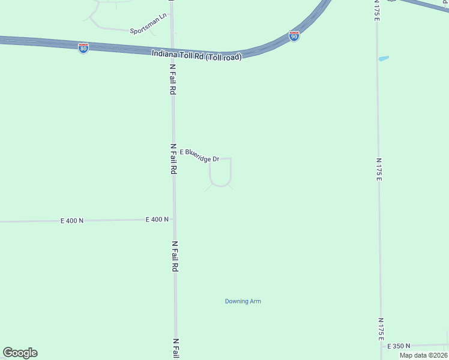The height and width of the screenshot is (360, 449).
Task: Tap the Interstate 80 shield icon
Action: (83, 48)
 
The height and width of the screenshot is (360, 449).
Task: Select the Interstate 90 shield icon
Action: (294, 36)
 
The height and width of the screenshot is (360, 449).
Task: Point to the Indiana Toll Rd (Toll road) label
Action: (196, 56)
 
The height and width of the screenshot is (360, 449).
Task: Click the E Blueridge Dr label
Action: (199, 155)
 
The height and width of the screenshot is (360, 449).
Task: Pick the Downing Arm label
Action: (243, 301)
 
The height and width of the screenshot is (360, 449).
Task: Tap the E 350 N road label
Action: (399, 346)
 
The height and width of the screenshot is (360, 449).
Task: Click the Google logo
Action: (20, 353)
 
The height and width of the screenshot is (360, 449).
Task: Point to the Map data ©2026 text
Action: (424, 355)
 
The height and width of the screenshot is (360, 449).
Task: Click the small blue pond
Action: (384, 58)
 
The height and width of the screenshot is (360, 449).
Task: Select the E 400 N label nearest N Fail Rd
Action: (157, 220)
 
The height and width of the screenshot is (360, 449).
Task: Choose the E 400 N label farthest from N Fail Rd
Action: (72, 221)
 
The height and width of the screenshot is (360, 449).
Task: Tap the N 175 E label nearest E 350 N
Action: (381, 329)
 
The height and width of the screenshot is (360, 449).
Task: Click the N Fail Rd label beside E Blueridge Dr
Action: (173, 158)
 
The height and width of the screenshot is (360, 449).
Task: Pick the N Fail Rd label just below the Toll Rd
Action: (172, 79)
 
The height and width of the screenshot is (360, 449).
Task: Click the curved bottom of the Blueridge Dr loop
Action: (220, 185)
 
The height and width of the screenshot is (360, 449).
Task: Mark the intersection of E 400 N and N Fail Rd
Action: (174, 219)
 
